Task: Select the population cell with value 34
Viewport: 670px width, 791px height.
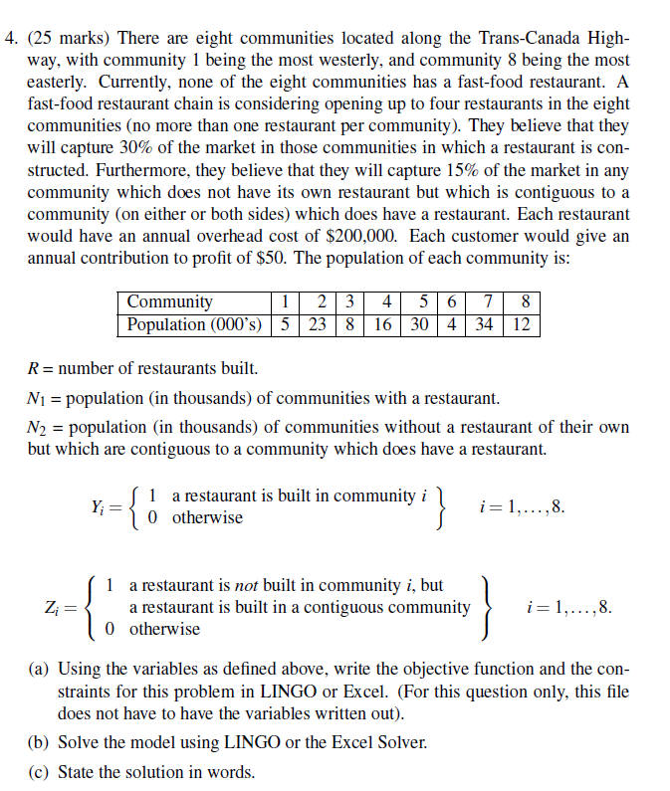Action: click(486, 324)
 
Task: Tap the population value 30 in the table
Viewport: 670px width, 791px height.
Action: click(418, 324)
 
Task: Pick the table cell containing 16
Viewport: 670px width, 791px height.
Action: click(382, 324)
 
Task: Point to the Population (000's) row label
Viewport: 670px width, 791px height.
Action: click(194, 324)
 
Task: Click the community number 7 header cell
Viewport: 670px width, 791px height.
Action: click(486, 301)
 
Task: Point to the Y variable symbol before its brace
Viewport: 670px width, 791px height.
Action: click(99, 506)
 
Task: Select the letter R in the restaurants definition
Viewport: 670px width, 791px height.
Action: click(33, 369)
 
